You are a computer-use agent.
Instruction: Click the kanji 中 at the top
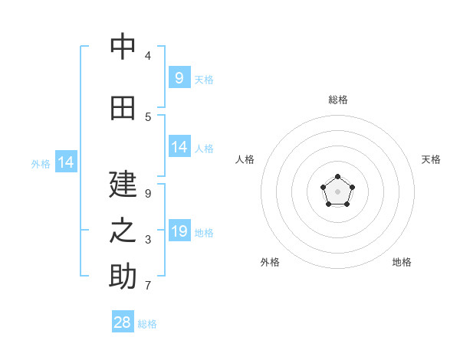pyautogui.click(x=123, y=47)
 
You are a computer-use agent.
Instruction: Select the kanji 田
pyautogui.click(x=123, y=108)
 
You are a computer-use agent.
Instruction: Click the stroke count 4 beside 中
pyautogui.click(x=147, y=55)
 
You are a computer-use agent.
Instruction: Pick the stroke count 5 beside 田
pyautogui.click(x=147, y=116)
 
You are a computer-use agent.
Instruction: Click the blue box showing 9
pyautogui.click(x=179, y=77)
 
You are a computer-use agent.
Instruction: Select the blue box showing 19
pyautogui.click(x=179, y=231)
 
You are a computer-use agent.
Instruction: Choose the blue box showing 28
pyautogui.click(x=123, y=322)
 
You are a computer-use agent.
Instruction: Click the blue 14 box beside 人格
pyautogui.click(x=179, y=147)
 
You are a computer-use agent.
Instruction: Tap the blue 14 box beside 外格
pyautogui.click(x=66, y=162)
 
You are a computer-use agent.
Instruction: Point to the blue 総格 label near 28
pyautogui.click(x=147, y=324)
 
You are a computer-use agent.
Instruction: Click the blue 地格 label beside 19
pyautogui.click(x=204, y=232)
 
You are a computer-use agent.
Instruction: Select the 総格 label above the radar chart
pyautogui.click(x=338, y=100)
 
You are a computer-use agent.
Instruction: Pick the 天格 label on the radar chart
pyautogui.click(x=431, y=159)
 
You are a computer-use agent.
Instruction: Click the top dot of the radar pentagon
pyautogui.click(x=337, y=178)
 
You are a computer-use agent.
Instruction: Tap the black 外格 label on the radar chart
pyautogui.click(x=270, y=262)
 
